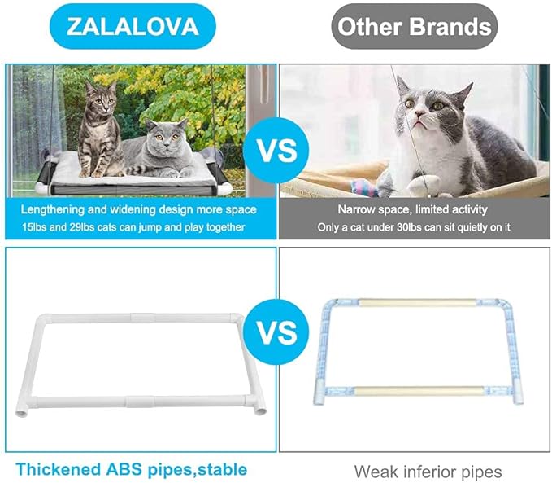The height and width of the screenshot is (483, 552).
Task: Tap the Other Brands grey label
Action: tap(415, 26)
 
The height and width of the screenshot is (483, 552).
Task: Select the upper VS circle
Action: tap(276, 151)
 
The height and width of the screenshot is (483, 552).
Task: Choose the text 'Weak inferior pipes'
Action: tap(428, 472)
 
